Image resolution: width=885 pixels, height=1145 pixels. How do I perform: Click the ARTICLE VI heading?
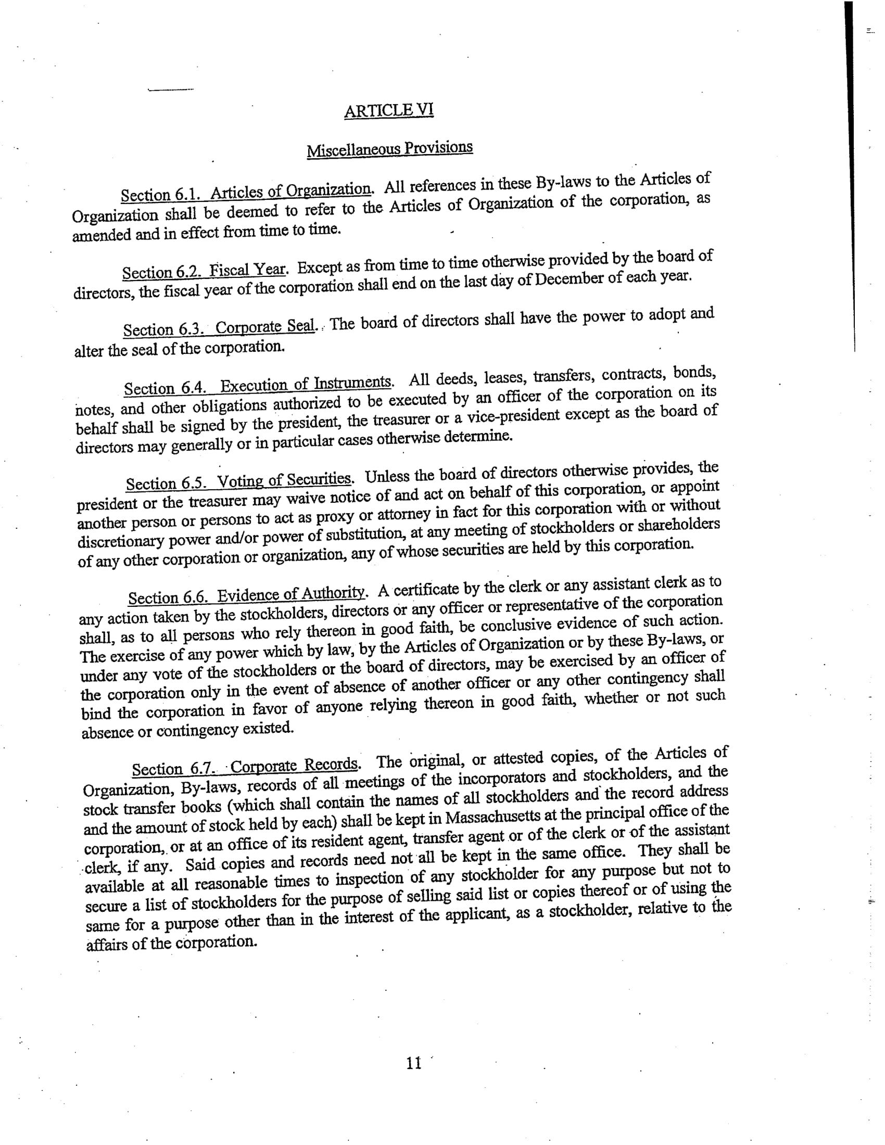coord(388,110)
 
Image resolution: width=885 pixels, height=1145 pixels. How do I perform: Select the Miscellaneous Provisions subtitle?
coord(389,149)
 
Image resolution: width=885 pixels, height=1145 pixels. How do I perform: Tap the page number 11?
coord(413,1063)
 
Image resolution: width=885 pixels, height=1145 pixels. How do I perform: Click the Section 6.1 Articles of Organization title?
coord(246,193)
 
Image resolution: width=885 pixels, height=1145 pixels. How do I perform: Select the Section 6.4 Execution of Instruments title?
coord(258,386)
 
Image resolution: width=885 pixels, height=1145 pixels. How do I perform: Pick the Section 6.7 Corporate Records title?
coord(245,768)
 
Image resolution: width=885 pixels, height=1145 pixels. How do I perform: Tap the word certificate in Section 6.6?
coord(427,590)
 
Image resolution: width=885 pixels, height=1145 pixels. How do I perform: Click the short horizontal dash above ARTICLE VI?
coord(171,90)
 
